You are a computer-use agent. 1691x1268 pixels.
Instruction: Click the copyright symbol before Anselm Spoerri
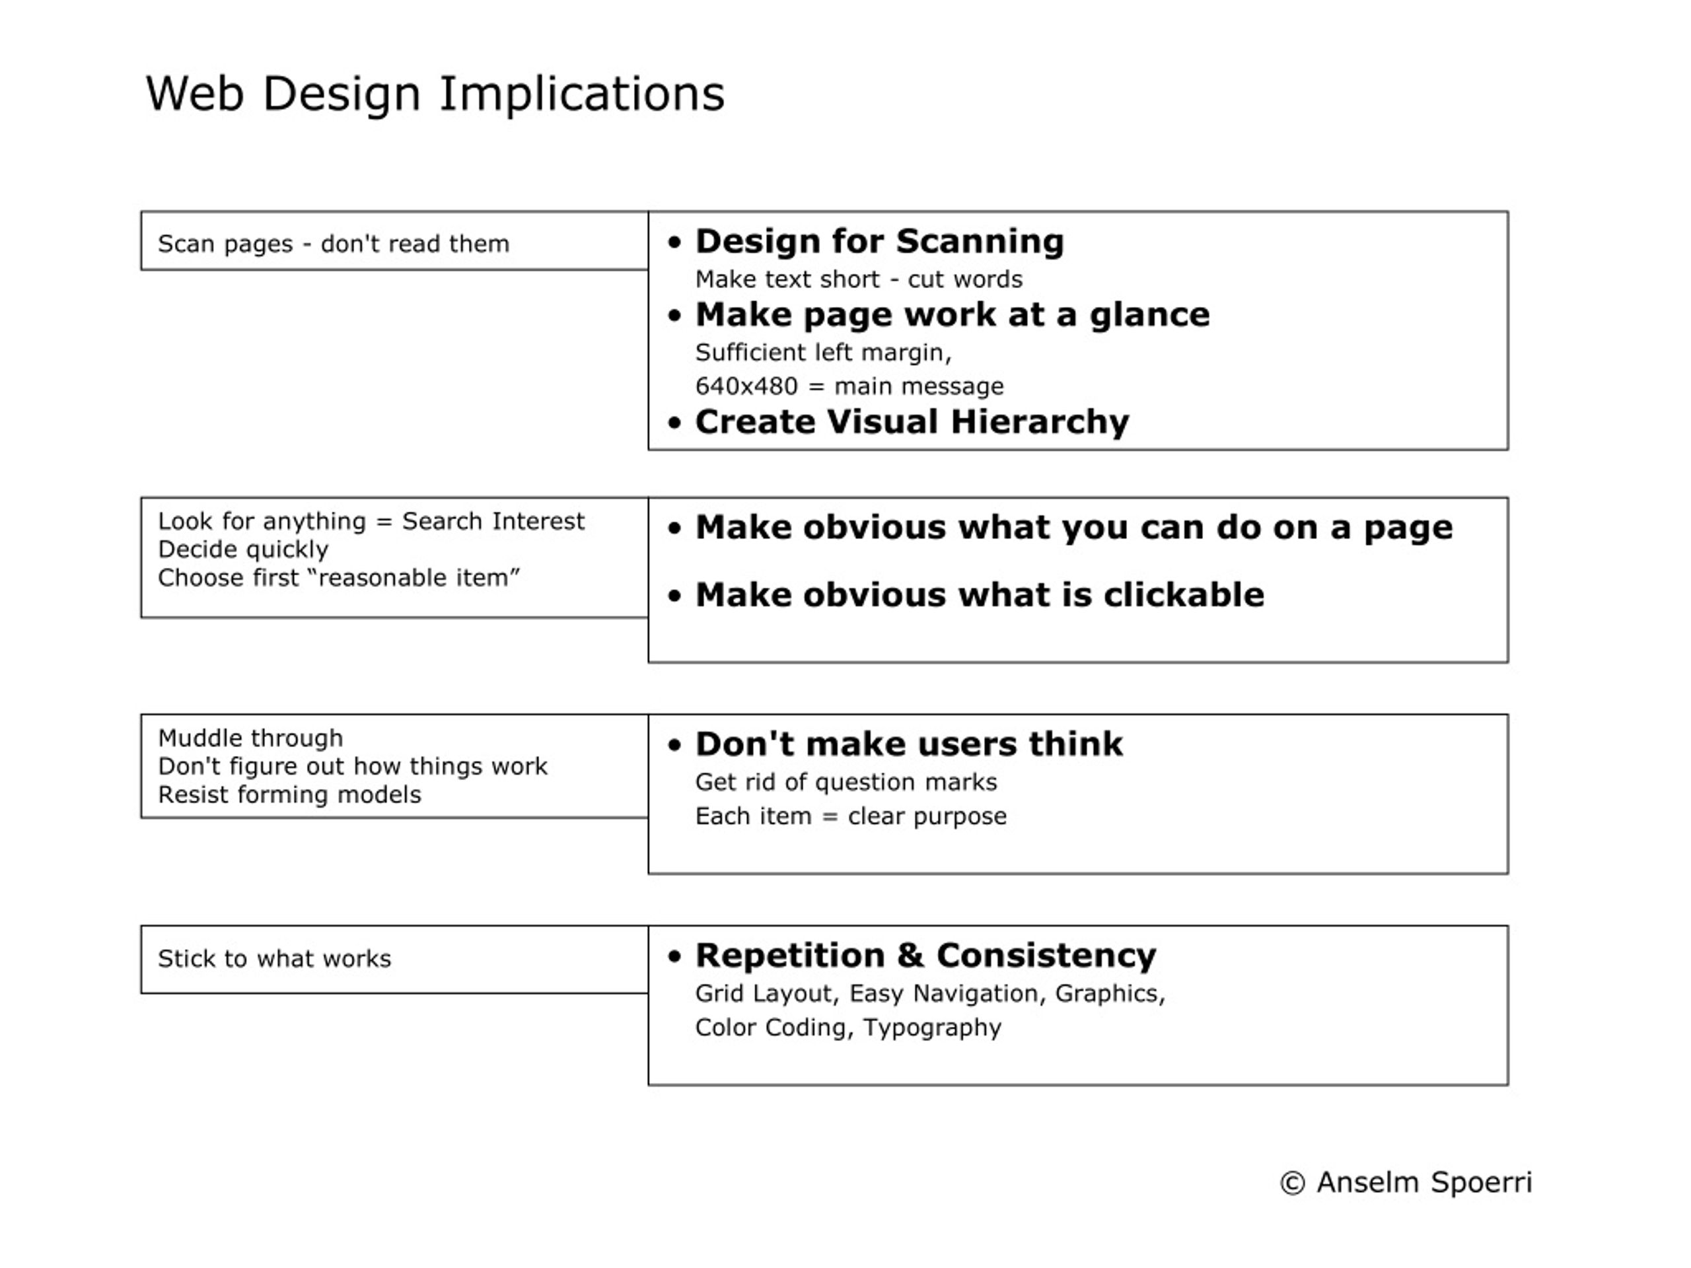[1292, 1183]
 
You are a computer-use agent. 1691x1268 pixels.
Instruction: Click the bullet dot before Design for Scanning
[674, 243]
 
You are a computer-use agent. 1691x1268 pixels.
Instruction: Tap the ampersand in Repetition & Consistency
[910, 956]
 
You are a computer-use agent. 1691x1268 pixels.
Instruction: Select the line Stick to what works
[274, 959]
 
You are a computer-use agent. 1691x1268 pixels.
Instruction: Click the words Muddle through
[251, 739]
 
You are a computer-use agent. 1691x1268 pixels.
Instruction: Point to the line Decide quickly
[243, 550]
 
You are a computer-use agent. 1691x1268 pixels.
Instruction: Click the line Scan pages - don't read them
[334, 244]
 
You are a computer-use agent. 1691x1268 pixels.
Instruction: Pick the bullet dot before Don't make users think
[674, 745]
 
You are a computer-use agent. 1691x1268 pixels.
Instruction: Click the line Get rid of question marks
[846, 783]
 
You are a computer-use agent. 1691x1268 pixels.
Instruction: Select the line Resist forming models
[290, 796]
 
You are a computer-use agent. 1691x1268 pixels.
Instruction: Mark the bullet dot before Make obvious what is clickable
[674, 596]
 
